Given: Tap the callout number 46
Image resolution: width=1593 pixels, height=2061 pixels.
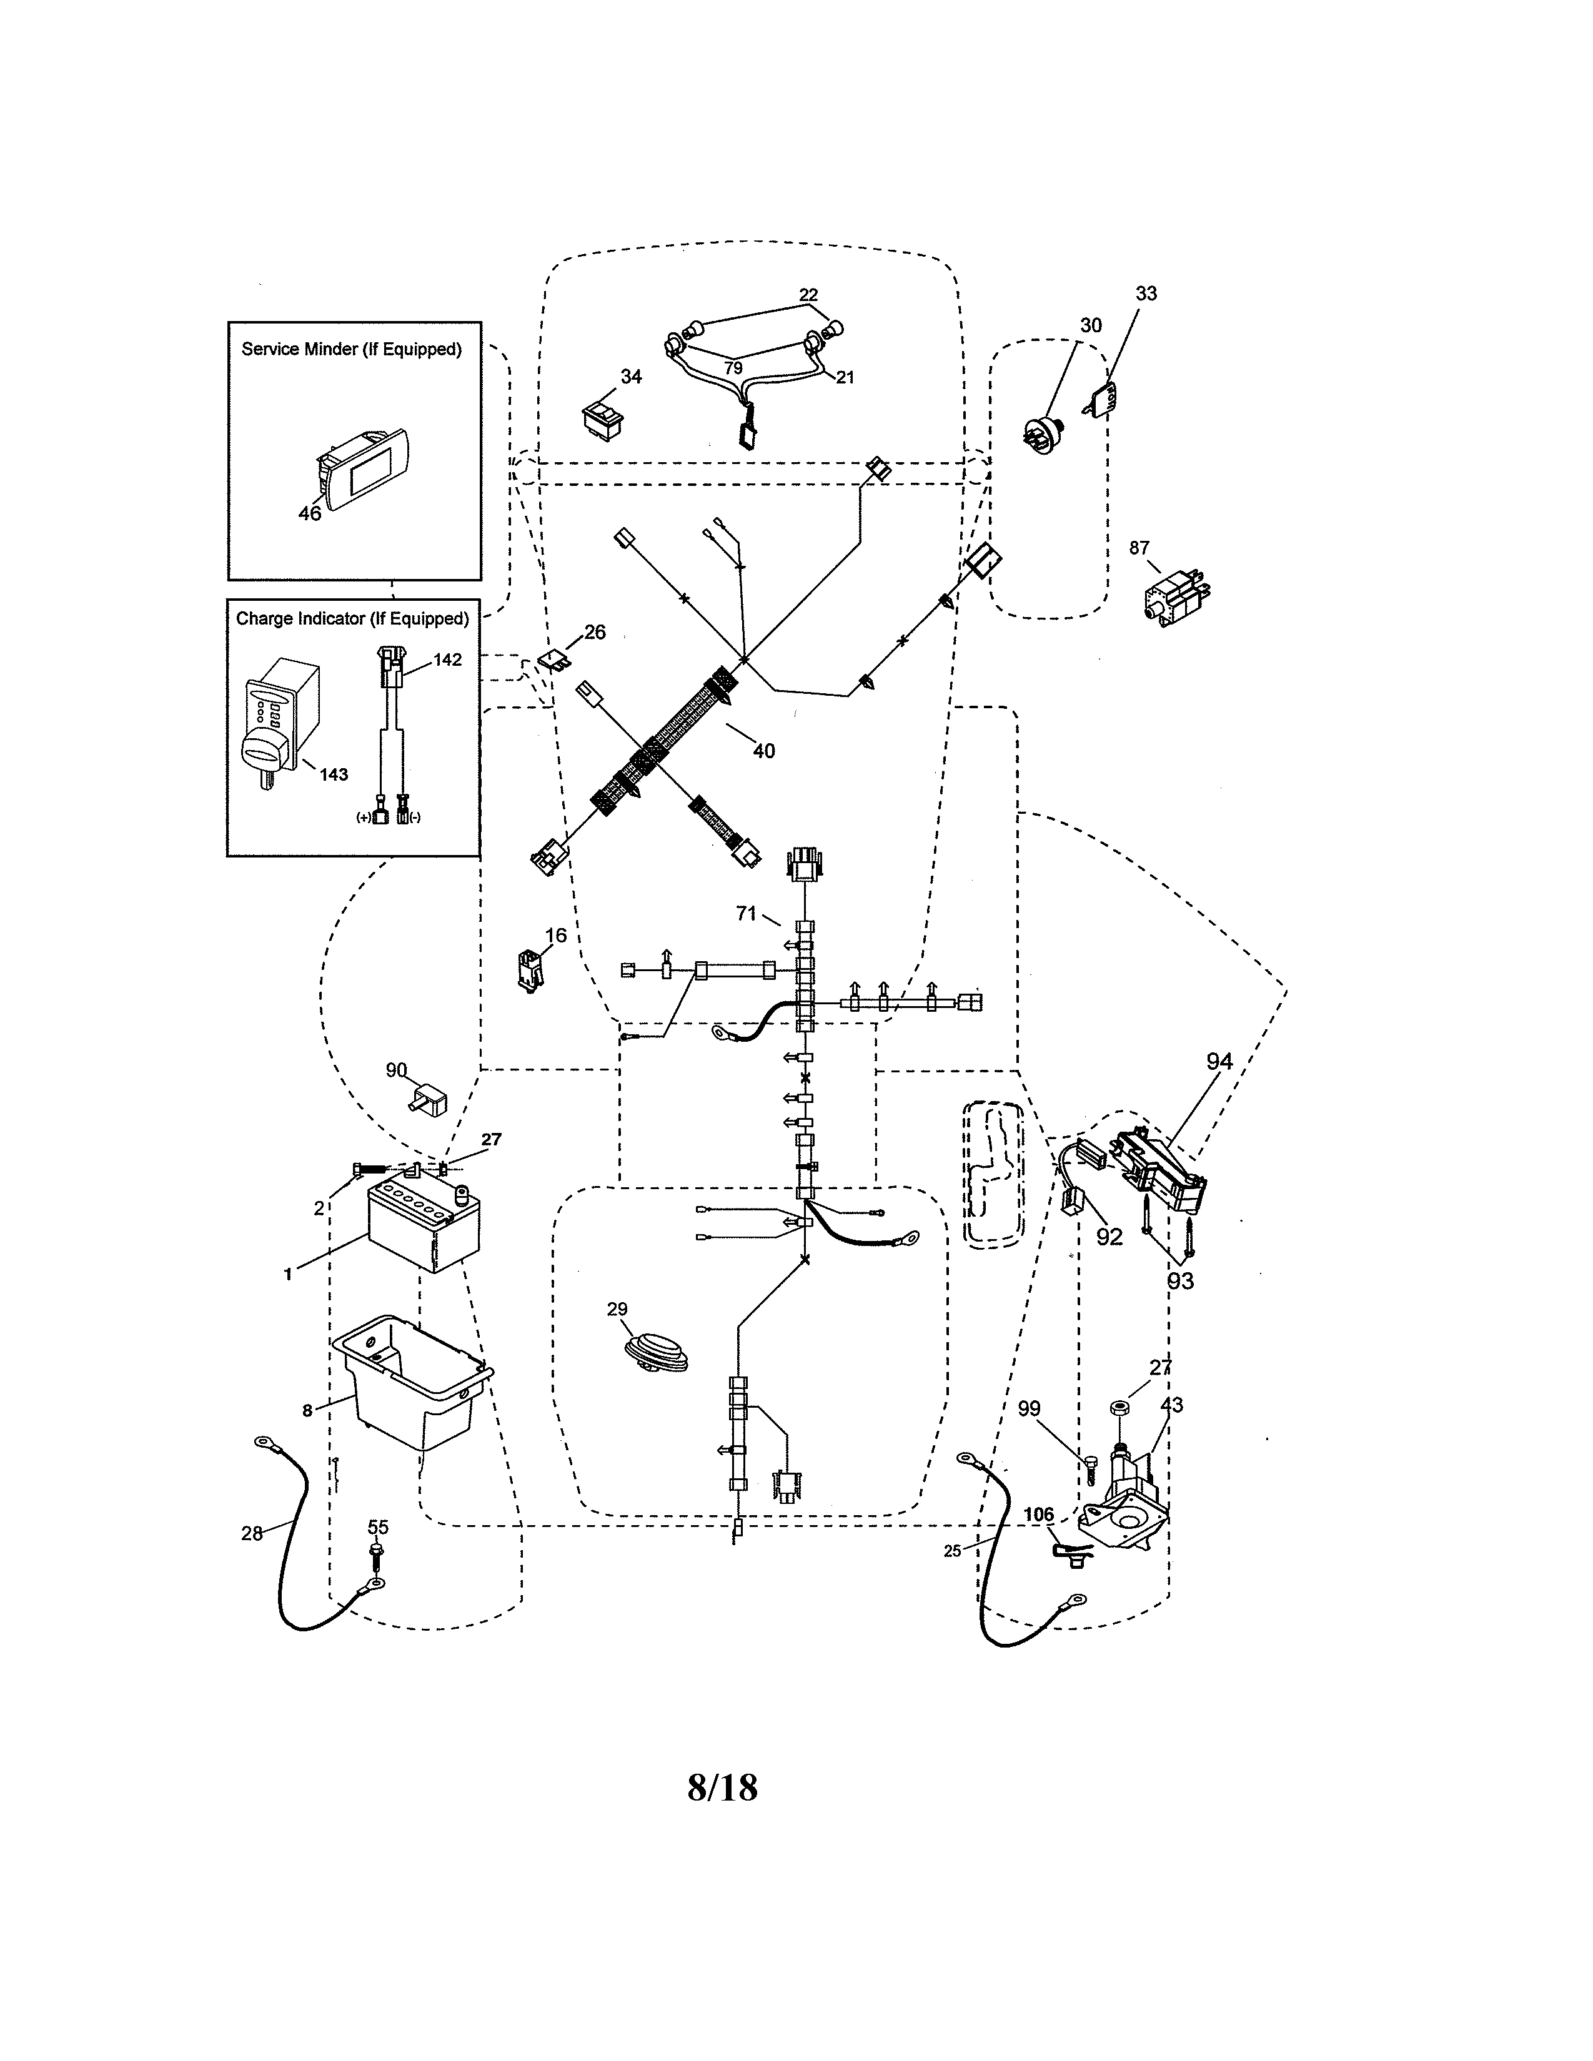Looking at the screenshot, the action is point(309,513).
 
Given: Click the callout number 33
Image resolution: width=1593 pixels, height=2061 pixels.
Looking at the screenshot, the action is point(1146,294).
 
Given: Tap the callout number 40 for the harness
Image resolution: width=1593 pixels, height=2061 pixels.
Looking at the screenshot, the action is point(763,751).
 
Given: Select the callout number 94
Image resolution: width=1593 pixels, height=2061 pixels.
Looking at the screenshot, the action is point(1219,1062).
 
